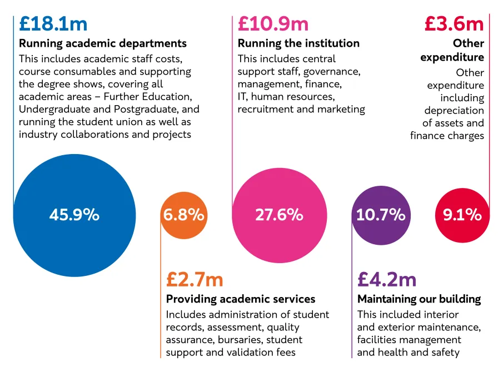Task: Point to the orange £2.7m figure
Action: (195, 279)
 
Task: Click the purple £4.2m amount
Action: (387, 279)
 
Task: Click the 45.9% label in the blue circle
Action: (74, 215)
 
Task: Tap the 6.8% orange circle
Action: (183, 215)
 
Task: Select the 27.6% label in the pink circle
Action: (279, 215)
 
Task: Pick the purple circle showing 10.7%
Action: (381, 215)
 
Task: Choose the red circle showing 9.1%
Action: (462, 215)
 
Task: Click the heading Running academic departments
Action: (103, 43)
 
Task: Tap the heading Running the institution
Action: (298, 43)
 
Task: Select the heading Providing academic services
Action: (241, 299)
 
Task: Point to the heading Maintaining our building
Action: (419, 299)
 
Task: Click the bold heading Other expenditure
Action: (453, 50)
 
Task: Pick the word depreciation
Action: (455, 111)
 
